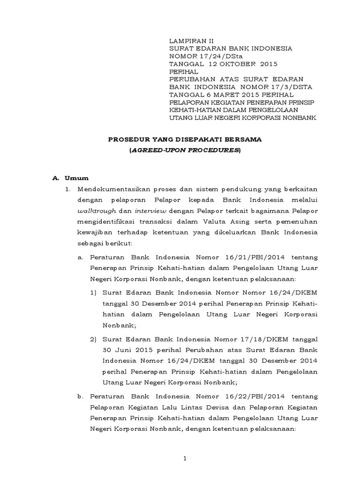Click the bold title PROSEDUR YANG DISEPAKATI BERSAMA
pyautogui.click(x=185, y=139)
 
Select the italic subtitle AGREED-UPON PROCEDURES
pyautogui.click(x=185, y=150)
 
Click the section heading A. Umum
pyautogui.click(x=70, y=178)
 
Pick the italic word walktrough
pyautogui.click(x=94, y=211)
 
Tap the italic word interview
pyautogui.click(x=150, y=211)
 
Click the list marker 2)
pyautogui.click(x=93, y=338)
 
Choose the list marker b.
pyautogui.click(x=80, y=396)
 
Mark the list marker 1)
pyautogui.click(x=93, y=292)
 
